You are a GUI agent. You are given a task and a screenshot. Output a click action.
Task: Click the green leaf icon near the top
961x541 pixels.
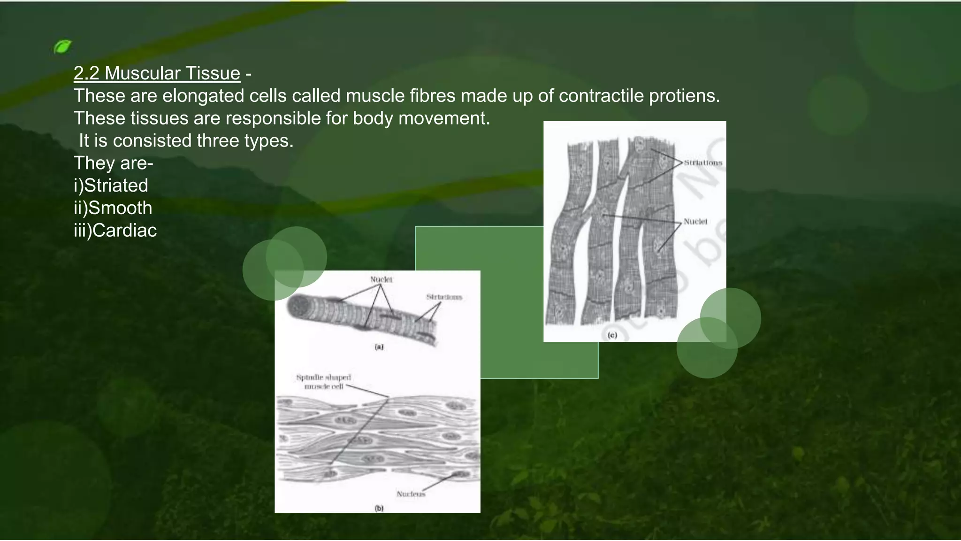click(x=62, y=46)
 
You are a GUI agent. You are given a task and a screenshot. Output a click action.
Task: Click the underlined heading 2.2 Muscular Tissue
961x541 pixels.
click(x=157, y=73)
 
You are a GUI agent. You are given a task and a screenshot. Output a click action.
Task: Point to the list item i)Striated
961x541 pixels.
click(x=111, y=185)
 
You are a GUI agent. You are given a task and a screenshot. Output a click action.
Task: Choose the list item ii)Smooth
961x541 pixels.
click(x=113, y=208)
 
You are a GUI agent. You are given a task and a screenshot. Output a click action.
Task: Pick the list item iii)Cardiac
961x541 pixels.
click(x=115, y=231)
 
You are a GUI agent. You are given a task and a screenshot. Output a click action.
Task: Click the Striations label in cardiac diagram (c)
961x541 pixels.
click(x=702, y=163)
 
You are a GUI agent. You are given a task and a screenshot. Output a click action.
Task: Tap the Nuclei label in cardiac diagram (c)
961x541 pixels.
click(x=695, y=222)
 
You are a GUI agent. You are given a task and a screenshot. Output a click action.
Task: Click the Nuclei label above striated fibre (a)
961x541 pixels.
click(x=381, y=279)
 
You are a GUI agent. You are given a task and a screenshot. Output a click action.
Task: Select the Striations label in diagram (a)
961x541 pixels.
click(x=444, y=297)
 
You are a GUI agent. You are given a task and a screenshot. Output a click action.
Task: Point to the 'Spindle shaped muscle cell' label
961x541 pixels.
click(x=324, y=382)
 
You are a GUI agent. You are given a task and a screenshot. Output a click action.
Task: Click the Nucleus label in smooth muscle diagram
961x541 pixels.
click(x=411, y=494)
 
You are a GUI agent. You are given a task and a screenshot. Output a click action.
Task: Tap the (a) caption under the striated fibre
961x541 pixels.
click(x=379, y=347)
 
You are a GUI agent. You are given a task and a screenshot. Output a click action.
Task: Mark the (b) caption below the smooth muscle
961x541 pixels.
click(x=379, y=508)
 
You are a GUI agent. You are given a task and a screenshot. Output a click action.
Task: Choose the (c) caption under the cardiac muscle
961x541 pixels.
click(x=612, y=335)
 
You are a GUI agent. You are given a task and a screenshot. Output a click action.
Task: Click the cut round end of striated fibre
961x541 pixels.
click(x=297, y=308)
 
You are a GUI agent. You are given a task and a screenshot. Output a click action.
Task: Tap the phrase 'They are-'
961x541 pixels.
click(x=114, y=163)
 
